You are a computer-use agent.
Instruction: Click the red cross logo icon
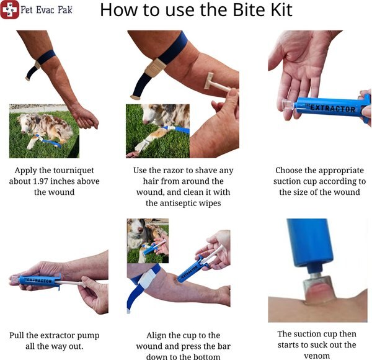[9, 10]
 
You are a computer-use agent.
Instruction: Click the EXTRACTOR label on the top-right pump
[333, 109]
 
